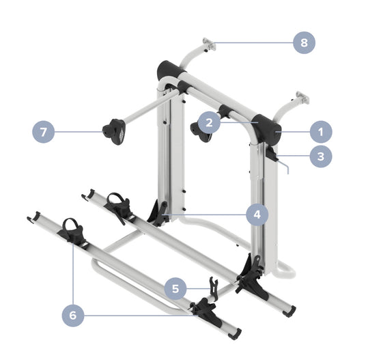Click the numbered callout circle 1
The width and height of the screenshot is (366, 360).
pyautogui.click(x=321, y=132)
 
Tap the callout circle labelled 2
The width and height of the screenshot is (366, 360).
pyautogui.click(x=209, y=122)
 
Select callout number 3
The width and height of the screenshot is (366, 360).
pyautogui.click(x=321, y=156)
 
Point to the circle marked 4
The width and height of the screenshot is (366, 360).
pyautogui.click(x=257, y=214)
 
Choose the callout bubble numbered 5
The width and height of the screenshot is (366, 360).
pyautogui.click(x=175, y=288)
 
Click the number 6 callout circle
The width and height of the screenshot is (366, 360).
pyautogui.click(x=73, y=316)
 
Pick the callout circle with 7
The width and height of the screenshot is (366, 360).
pyautogui.click(x=43, y=132)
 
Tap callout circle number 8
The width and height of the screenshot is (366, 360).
pyautogui.click(x=304, y=43)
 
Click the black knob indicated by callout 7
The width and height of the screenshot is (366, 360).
pyautogui.click(x=114, y=132)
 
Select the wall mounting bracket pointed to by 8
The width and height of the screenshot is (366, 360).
pyautogui.click(x=209, y=44)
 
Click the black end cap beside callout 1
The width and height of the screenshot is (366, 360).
pyautogui.click(x=268, y=129)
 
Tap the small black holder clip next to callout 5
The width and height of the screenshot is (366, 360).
pyautogui.click(x=214, y=286)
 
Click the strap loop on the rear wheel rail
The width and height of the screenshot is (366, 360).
pyautogui.click(x=117, y=206)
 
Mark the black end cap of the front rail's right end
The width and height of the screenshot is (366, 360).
pyautogui.click(x=235, y=333)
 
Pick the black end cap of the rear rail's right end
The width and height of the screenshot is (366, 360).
pyautogui.click(x=290, y=311)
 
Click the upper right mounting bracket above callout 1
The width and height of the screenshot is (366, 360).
pyautogui.click(x=302, y=98)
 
